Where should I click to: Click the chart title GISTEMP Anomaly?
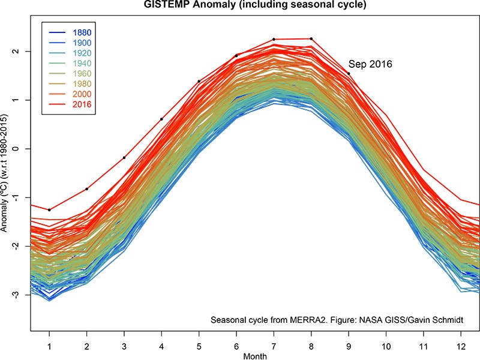point(240,6)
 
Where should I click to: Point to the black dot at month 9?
point(349,74)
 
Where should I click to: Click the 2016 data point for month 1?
point(49,210)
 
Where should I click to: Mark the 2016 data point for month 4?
point(161,119)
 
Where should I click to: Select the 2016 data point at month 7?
point(274,40)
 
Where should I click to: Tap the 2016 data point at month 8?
point(311,39)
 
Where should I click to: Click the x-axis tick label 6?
point(236,345)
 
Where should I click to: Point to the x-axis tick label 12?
point(460,345)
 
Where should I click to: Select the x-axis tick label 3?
point(124,345)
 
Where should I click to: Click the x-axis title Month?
point(255,356)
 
